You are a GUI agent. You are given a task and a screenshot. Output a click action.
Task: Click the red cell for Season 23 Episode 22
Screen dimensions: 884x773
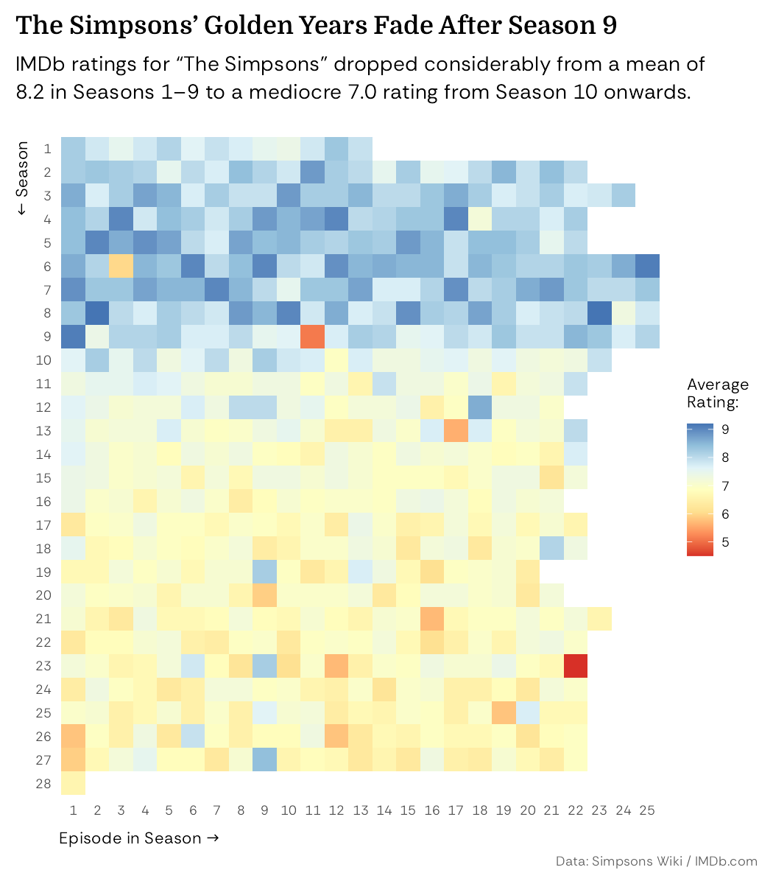point(576,666)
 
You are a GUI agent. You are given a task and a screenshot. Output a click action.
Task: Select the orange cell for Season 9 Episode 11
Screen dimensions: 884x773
point(313,336)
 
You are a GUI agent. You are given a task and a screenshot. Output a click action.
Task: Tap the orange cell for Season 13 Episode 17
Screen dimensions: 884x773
point(456,430)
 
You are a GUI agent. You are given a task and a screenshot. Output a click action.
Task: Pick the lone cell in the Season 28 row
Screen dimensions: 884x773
point(74,784)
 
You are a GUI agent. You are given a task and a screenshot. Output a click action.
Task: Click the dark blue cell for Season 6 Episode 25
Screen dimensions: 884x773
point(647,265)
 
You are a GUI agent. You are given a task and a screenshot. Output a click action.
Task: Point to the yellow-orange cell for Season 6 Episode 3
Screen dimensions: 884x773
point(121,265)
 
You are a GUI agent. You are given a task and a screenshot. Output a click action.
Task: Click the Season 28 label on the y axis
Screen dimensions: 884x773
point(43,784)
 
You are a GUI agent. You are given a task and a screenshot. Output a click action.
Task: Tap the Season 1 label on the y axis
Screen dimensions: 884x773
point(47,149)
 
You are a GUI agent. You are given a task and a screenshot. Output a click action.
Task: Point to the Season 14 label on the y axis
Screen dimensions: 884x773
point(43,455)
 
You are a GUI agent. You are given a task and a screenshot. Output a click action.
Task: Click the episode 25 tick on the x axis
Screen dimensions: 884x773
point(647,810)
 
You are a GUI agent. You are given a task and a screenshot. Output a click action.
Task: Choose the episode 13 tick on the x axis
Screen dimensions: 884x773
point(361,810)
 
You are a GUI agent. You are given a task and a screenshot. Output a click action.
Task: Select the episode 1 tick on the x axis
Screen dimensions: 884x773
point(74,810)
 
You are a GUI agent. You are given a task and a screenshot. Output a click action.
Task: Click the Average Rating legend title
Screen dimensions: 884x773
point(717,393)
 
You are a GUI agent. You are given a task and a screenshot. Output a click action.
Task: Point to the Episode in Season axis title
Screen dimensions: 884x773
point(139,838)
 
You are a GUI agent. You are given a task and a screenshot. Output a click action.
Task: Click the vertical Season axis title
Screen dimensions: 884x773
point(22,178)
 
